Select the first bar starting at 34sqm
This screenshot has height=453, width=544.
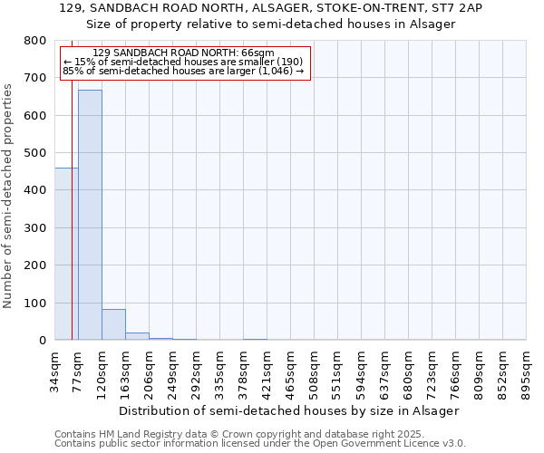point(65,254)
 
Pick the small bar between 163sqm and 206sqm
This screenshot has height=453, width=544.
point(137,336)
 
